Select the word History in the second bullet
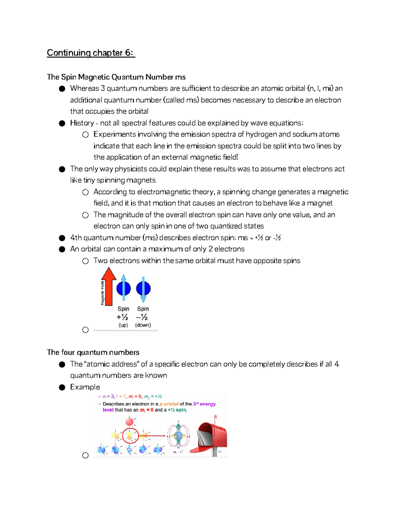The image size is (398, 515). pos(82,123)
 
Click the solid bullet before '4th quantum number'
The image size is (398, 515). pos(62,238)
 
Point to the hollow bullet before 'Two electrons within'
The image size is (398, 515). pos(86,261)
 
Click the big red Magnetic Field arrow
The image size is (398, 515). pos(108,287)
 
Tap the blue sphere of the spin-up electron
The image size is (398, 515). pos(123,289)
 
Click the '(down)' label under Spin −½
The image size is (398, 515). pos(143,325)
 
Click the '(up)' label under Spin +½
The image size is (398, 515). pos(123,325)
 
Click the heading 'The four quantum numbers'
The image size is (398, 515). pos(93,352)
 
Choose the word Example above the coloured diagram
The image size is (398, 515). pos(85,387)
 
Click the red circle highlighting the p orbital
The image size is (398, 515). pos(130,436)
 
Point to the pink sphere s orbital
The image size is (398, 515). pos(129,421)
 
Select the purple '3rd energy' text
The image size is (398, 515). pos(204,404)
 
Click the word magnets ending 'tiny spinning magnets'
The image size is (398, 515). pos(143,180)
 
